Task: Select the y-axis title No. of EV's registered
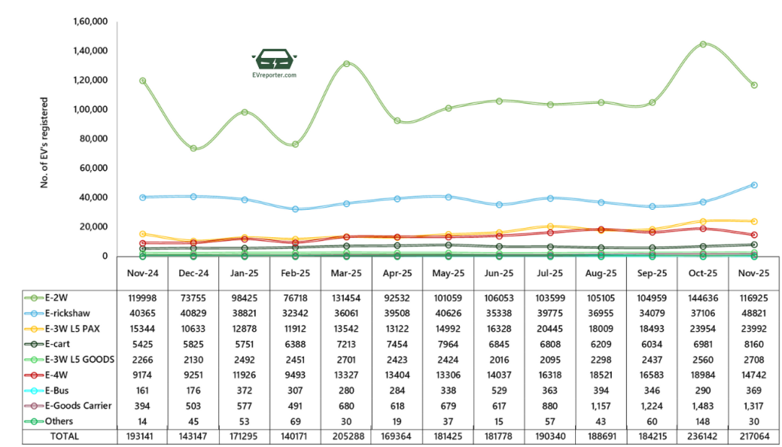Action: (45, 143)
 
